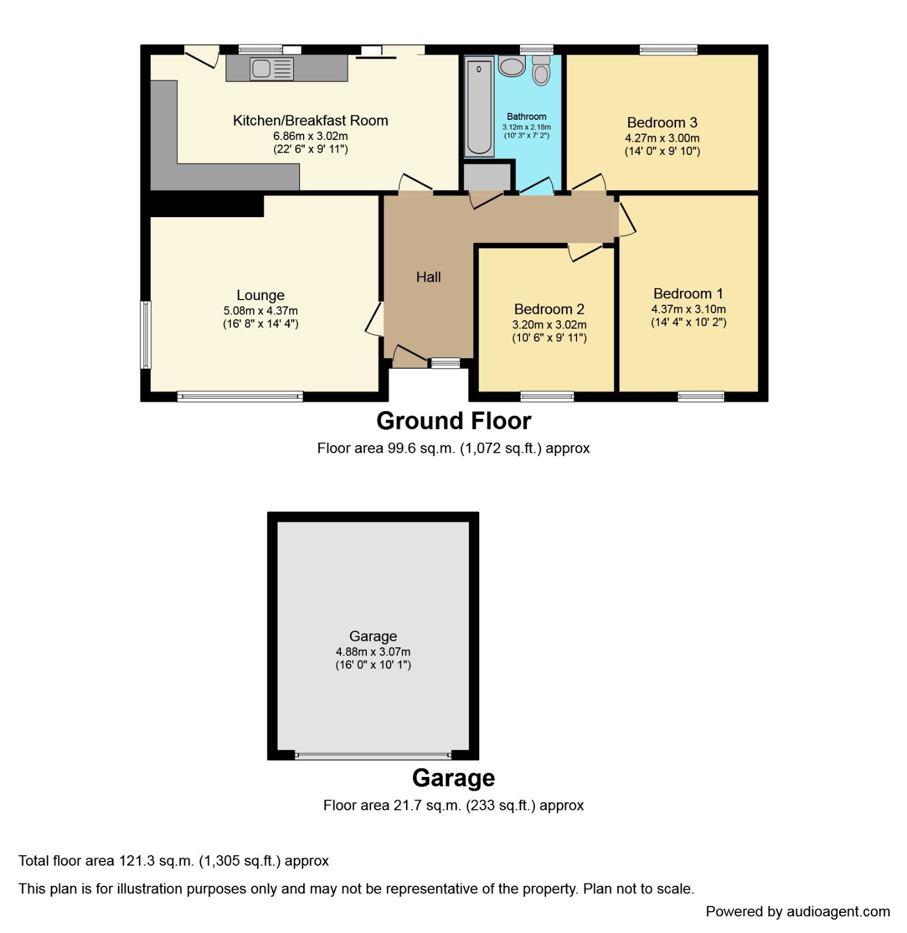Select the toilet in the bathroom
point(541,71)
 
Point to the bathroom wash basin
point(511,66)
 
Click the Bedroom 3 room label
point(662,123)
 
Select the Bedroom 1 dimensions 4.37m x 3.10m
point(688,309)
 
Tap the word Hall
point(428,277)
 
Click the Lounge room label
point(260,295)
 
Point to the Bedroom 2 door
point(586,252)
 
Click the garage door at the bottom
point(373,756)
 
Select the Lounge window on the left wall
point(146,335)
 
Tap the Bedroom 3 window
point(668,50)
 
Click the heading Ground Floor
point(453,421)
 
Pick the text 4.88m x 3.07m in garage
point(373,652)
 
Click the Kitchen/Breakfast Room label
point(310,121)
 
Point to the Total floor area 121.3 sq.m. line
point(173,861)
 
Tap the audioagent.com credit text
point(798,912)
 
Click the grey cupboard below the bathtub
point(488,177)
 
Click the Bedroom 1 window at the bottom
point(701,396)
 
